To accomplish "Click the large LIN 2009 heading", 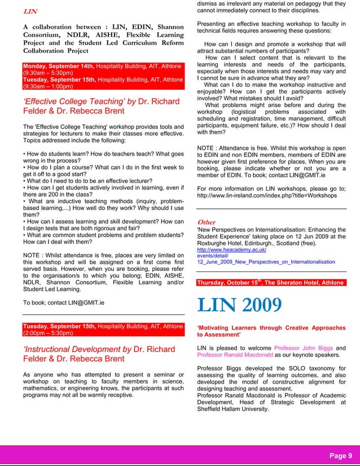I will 239,305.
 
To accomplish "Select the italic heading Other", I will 207,222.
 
